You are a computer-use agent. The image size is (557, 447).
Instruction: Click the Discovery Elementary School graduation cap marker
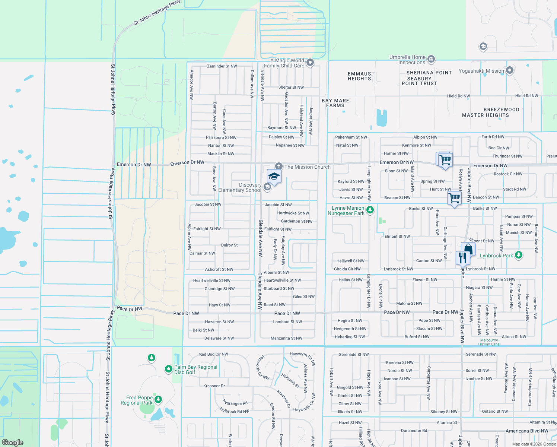[274, 176]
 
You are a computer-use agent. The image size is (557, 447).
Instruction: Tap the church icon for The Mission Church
[278, 166]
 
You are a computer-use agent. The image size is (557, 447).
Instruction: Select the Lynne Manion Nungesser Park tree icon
[370, 210]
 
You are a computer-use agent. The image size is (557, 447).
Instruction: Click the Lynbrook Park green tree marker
[519, 255]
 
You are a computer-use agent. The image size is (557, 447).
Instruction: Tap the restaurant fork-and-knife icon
[462, 257]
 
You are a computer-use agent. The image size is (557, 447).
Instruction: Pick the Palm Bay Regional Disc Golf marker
[169, 369]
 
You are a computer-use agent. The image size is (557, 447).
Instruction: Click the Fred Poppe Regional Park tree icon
[158, 400]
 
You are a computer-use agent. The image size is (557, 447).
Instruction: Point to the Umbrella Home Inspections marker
[431, 59]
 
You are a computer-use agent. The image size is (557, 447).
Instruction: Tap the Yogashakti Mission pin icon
[510, 70]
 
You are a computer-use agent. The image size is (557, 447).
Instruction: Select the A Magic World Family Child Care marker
[310, 63]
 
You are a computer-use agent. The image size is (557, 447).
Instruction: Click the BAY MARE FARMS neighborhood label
[335, 103]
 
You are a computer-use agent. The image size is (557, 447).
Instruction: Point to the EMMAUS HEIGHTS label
[359, 76]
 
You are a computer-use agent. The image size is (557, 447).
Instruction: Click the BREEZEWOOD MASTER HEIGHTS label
[486, 112]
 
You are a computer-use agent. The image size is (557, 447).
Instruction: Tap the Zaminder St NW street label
[222, 66]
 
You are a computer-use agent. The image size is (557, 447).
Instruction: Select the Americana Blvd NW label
[527, 431]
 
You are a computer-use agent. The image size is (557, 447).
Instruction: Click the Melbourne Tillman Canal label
[489, 342]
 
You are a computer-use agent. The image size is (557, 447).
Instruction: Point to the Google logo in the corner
[12, 442]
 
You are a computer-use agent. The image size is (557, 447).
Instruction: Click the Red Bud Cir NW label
[213, 355]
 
